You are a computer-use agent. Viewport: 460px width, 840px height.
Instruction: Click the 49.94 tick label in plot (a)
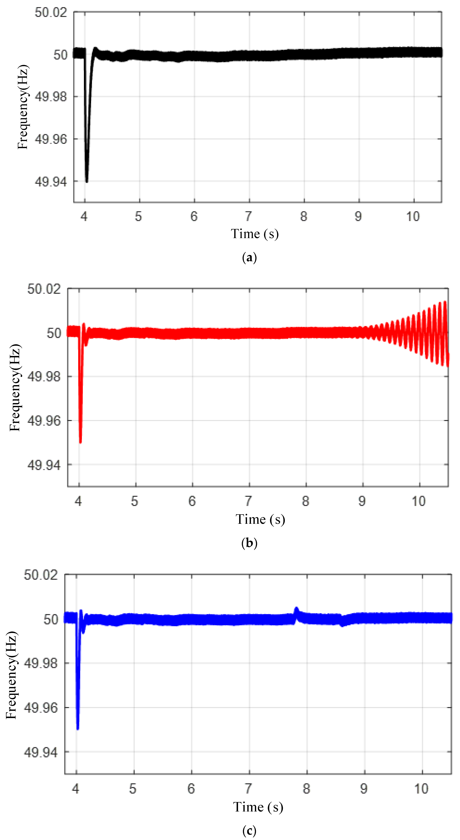[x=51, y=182]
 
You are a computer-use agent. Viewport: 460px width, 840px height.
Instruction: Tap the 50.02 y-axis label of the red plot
[x=44, y=289]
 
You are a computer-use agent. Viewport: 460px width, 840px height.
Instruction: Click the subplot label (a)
[x=249, y=258]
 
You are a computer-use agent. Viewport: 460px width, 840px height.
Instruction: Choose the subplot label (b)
[x=249, y=543]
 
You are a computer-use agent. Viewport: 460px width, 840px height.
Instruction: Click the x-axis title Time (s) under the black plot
[x=255, y=234]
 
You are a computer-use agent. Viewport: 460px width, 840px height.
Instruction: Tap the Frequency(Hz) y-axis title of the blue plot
[x=11, y=675]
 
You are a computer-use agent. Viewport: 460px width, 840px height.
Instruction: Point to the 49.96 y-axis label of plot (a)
[x=51, y=139]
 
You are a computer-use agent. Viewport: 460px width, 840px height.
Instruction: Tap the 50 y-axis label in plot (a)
[x=60, y=55]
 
